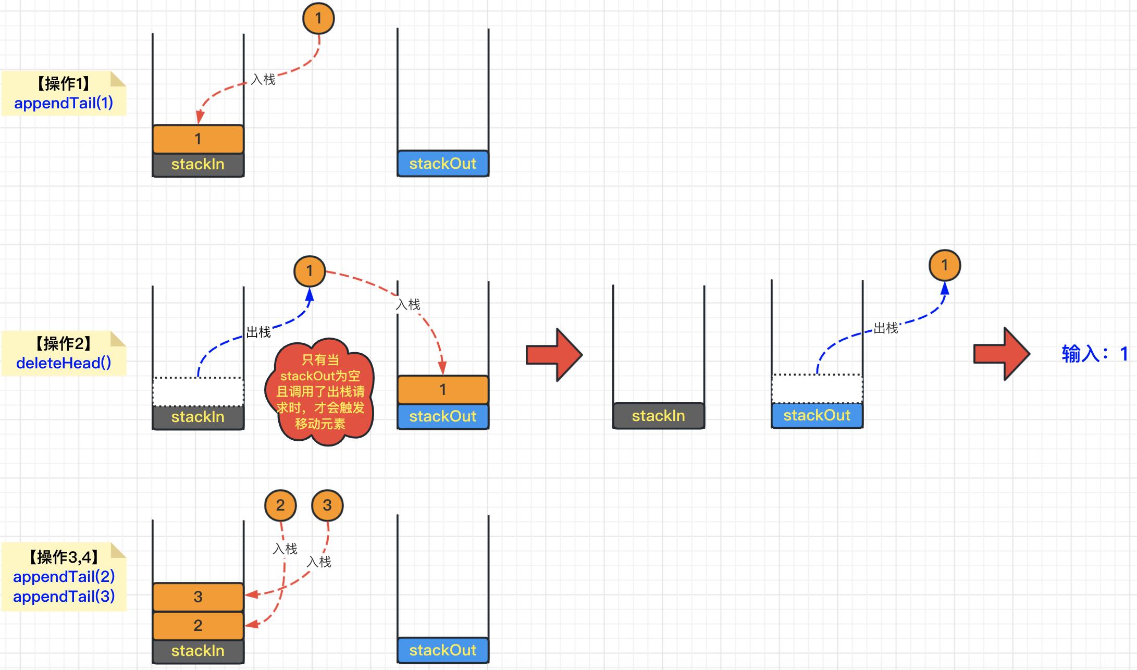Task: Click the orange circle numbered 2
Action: tap(280, 505)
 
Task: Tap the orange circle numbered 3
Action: tap(327, 505)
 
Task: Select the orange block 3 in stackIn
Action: tap(198, 597)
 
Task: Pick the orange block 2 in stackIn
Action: tap(198, 625)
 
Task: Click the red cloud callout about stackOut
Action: tap(320, 392)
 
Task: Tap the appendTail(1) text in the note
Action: tap(64, 103)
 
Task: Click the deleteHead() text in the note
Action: tap(64, 363)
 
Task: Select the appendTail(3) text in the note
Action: tap(64, 597)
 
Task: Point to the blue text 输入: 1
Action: tap(1095, 354)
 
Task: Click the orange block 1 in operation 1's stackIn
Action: tap(198, 139)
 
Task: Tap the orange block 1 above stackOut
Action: tap(443, 390)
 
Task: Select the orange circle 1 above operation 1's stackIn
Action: tap(318, 19)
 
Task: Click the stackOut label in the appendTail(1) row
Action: tap(443, 164)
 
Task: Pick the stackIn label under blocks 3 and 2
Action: tap(198, 651)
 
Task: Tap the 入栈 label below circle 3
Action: tap(319, 562)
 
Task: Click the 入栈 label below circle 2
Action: tap(285, 549)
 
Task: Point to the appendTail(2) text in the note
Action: tap(64, 577)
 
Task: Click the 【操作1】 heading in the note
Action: tap(64, 83)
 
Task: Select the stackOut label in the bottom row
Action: tap(443, 650)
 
